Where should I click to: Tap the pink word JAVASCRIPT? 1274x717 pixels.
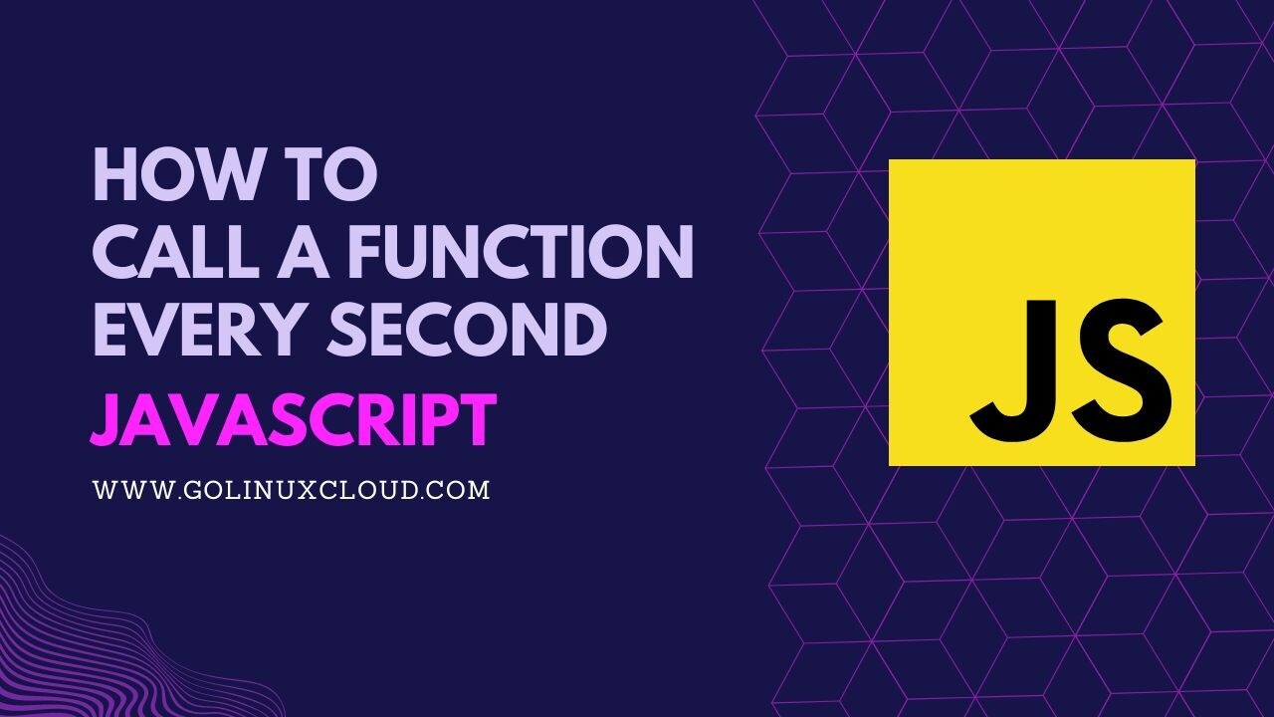click(x=293, y=420)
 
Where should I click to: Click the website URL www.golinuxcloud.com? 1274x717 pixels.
click(x=291, y=490)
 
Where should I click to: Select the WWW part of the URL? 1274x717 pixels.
click(x=124, y=490)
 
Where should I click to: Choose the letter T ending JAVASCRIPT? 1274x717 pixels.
click(x=478, y=420)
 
